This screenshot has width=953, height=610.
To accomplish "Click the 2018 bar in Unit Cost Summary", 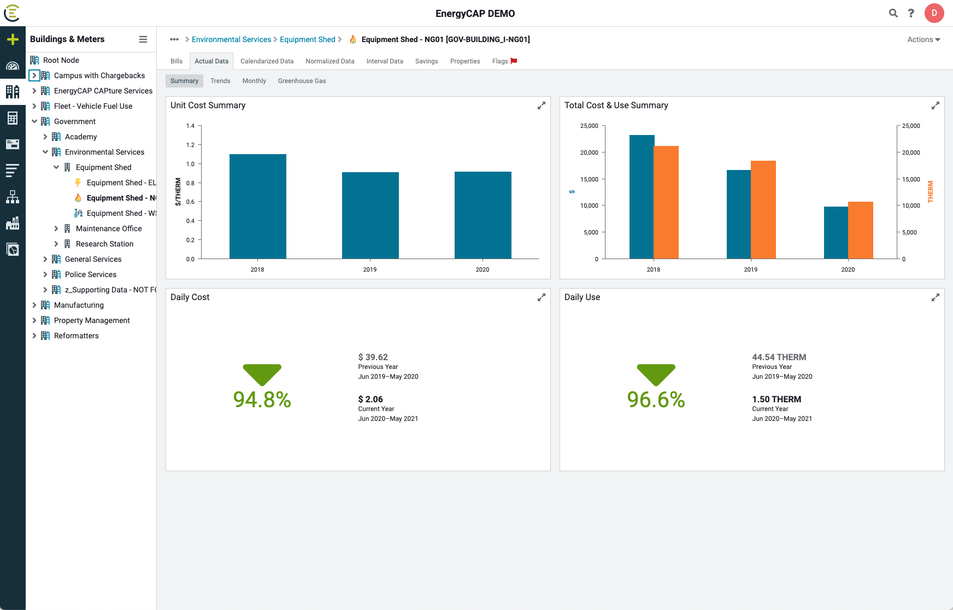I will click(x=257, y=207).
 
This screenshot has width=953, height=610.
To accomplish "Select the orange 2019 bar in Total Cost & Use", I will click(x=763, y=210).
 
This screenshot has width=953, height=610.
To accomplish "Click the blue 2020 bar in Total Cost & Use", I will click(x=836, y=233).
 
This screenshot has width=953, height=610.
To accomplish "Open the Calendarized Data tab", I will click(x=267, y=61).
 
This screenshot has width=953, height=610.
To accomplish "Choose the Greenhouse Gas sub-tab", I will click(x=302, y=81).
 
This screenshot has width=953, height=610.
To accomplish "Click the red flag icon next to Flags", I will click(x=514, y=61).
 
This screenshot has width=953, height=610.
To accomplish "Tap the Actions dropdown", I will click(x=923, y=39).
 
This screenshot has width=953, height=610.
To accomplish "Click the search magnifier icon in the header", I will click(x=893, y=13).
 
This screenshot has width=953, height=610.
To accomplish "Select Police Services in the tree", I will click(x=90, y=274).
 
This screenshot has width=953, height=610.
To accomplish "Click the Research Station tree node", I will click(x=104, y=244).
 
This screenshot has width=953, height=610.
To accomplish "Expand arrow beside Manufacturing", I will click(x=34, y=305).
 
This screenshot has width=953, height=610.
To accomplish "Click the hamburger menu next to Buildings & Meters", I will click(x=143, y=39).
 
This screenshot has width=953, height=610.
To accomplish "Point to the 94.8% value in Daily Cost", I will click(x=262, y=400).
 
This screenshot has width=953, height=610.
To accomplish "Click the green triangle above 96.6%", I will click(x=656, y=374).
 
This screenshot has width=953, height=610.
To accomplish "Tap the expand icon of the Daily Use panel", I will click(x=935, y=297).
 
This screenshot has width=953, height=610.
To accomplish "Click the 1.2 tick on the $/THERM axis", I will click(x=190, y=145).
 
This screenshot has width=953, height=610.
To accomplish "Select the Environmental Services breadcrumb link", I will click(x=231, y=39).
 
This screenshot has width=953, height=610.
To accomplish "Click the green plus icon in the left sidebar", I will click(x=13, y=39).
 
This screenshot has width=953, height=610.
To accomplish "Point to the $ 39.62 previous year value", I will click(x=373, y=357).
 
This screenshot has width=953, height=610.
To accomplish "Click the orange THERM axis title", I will click(x=931, y=192).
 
